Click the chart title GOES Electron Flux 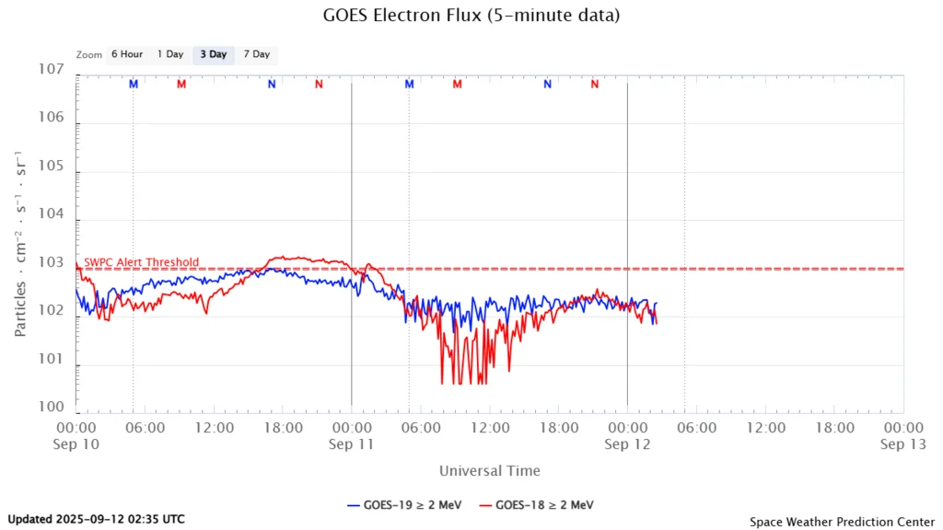tap(471, 16)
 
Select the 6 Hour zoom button tap(127, 54)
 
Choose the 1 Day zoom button tap(170, 54)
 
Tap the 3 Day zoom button tap(214, 54)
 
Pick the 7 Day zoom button tap(257, 54)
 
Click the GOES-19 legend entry tap(404, 504)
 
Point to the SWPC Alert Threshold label tap(141, 262)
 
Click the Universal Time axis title tap(490, 471)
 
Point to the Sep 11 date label tap(351, 444)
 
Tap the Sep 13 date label tap(902, 444)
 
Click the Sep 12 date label tap(627, 444)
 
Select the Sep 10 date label tap(76, 444)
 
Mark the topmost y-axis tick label tap(51, 70)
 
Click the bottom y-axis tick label tap(51, 406)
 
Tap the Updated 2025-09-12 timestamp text tap(96, 519)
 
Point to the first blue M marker tap(134, 84)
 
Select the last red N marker tap(595, 84)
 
